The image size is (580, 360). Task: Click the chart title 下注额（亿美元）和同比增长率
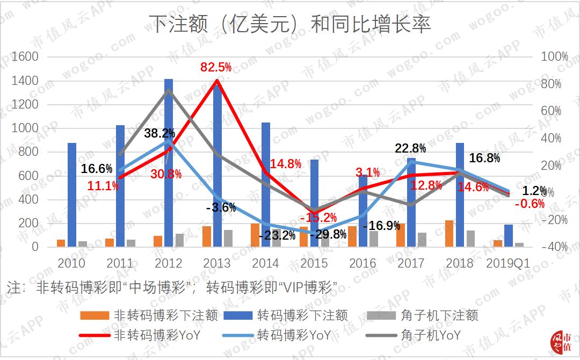pos(289,25)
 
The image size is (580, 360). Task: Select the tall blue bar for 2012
pos(169,161)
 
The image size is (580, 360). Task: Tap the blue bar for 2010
pos(71,193)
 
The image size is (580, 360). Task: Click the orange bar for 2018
pos(449,233)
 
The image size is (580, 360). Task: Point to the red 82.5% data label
pos(216,67)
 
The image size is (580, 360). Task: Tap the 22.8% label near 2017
pos(411,148)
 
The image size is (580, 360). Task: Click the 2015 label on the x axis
pos(314,263)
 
